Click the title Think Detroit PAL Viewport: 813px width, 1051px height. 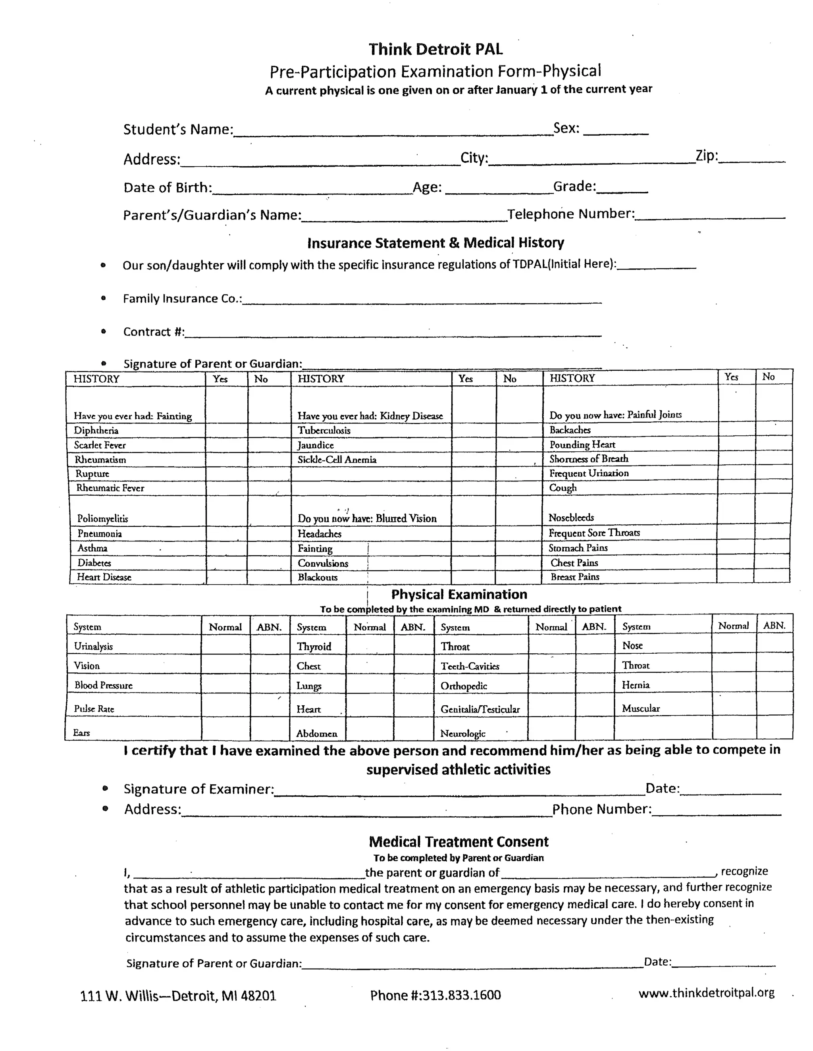click(x=435, y=49)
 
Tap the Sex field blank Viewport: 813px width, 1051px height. click(x=616, y=131)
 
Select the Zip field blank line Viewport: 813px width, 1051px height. click(x=751, y=159)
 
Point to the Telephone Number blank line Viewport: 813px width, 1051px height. click(x=710, y=215)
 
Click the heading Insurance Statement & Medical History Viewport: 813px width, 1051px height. click(x=435, y=243)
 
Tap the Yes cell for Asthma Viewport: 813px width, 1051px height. click(x=226, y=548)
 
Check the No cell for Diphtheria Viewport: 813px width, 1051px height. click(x=269, y=430)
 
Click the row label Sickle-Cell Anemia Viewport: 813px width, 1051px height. click(x=337, y=460)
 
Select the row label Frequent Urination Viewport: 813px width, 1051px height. click(x=589, y=473)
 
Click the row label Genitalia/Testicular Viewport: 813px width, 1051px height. click(x=480, y=709)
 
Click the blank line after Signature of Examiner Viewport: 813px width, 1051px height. click(x=459, y=790)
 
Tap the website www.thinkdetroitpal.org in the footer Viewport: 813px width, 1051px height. click(x=706, y=992)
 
